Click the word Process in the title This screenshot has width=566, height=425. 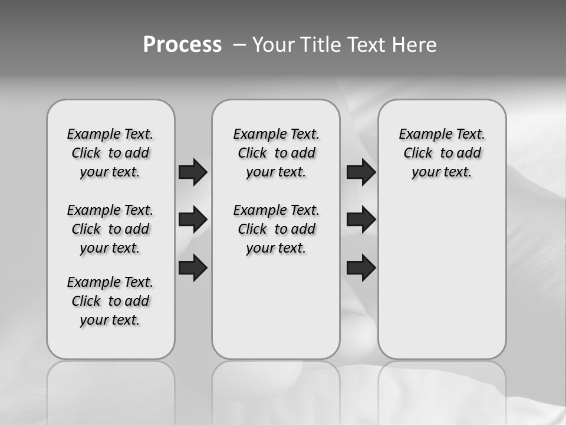pyautogui.click(x=182, y=45)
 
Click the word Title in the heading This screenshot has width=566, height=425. pyautogui.click(x=318, y=45)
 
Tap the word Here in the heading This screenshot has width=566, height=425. pyautogui.click(x=415, y=45)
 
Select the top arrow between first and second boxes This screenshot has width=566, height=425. pyautogui.click(x=193, y=172)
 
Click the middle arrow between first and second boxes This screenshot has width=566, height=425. pyautogui.click(x=193, y=220)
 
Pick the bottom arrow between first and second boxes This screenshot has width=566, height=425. pyautogui.click(x=193, y=267)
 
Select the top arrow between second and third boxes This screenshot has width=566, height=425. pyautogui.click(x=361, y=172)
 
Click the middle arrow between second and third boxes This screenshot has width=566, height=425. pyautogui.click(x=361, y=220)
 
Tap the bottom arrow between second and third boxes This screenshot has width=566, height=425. pyautogui.click(x=361, y=267)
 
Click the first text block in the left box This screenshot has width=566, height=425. pyautogui.click(x=110, y=153)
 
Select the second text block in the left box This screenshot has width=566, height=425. pyautogui.click(x=110, y=229)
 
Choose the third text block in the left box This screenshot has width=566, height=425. pyautogui.click(x=110, y=301)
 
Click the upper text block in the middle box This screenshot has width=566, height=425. pyautogui.click(x=276, y=153)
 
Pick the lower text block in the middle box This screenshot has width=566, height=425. pyautogui.click(x=276, y=229)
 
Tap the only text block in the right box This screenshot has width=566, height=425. pyautogui.click(x=442, y=153)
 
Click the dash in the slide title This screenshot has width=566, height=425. pyautogui.click(x=239, y=45)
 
